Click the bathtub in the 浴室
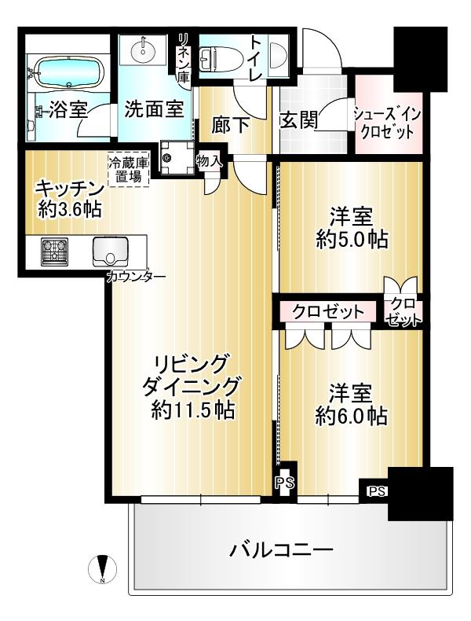[x=69, y=72]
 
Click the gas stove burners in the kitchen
[x=54, y=251]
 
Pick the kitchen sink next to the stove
[x=110, y=252]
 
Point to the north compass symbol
[x=102, y=570]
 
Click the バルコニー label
[x=281, y=549]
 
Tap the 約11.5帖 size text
[x=192, y=410]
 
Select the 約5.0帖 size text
[x=352, y=240]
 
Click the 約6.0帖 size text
[x=352, y=417]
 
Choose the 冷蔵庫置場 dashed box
[x=129, y=169]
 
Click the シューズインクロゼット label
[x=387, y=123]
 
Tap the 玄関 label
[x=299, y=120]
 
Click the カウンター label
[x=136, y=276]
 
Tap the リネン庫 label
[x=184, y=58]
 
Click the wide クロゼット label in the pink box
[x=328, y=312]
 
